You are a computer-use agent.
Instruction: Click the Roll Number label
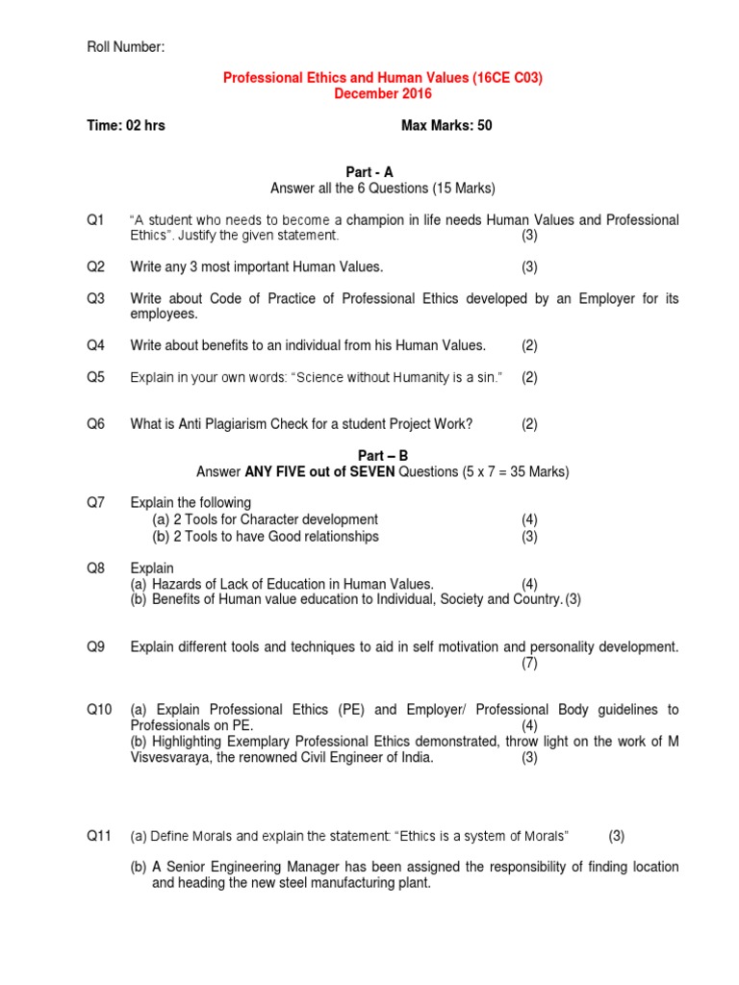coord(126,47)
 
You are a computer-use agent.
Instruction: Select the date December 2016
coord(383,94)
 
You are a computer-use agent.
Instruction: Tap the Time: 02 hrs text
coord(126,126)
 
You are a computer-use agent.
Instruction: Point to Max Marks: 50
coord(446,126)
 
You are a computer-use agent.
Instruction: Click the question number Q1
coord(95,220)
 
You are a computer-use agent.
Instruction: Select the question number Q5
coord(95,377)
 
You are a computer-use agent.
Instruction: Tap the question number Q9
coord(95,647)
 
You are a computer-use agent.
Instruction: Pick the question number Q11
coord(99,836)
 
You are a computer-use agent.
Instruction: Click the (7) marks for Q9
coord(530,664)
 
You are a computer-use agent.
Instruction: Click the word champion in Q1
coord(376,220)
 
